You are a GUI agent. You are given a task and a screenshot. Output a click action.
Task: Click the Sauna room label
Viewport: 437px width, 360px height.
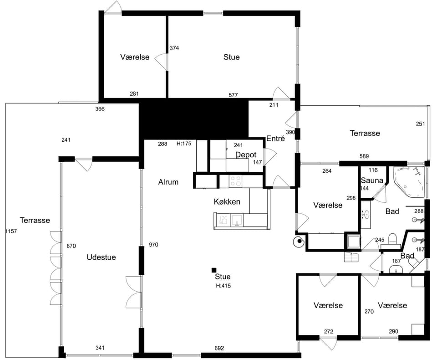tap(372, 180)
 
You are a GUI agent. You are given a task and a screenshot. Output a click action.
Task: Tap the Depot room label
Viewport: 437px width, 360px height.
tap(246, 154)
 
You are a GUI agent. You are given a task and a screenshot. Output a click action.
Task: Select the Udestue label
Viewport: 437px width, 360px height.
tap(101, 257)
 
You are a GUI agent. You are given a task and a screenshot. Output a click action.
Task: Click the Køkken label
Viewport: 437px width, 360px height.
tap(227, 201)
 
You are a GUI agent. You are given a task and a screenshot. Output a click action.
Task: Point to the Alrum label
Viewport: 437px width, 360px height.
tap(168, 182)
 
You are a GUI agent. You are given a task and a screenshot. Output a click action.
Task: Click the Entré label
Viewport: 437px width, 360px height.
tap(275, 139)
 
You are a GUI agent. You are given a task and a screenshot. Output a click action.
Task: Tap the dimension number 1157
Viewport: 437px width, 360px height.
tap(11, 231)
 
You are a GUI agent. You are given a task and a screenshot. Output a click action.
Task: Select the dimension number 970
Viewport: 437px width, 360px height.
tap(153, 245)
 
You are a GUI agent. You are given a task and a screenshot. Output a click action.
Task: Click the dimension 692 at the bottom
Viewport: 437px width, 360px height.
tap(219, 348)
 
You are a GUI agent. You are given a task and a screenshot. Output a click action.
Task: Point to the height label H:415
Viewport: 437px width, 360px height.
tap(223, 285)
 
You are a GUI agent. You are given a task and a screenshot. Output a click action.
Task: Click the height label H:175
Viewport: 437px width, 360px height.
tap(184, 144)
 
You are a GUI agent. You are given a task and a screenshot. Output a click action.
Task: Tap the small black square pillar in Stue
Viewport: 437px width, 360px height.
tap(214, 270)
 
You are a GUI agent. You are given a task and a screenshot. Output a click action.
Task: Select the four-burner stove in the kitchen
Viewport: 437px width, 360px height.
tap(235, 181)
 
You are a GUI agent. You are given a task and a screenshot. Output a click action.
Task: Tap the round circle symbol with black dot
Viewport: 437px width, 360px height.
tap(299, 242)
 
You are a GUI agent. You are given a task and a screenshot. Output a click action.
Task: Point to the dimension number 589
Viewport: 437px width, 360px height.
tap(364, 156)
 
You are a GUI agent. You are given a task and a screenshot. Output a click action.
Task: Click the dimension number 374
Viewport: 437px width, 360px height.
tap(174, 48)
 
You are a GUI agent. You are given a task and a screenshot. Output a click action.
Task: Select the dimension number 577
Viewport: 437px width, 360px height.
tap(233, 95)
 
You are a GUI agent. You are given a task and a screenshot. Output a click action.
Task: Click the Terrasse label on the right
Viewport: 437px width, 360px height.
tap(365, 133)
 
